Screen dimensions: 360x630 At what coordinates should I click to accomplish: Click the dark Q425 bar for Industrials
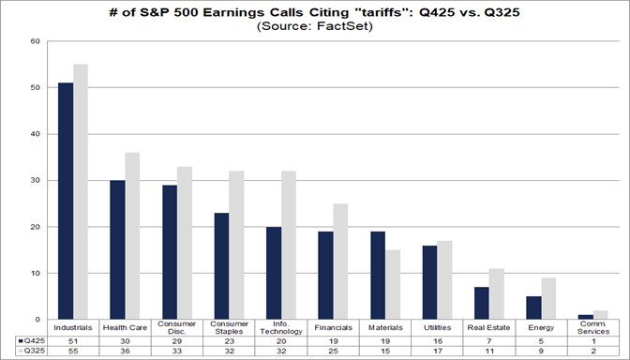click(x=66, y=202)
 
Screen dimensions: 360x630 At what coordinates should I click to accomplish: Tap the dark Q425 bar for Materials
click(x=377, y=276)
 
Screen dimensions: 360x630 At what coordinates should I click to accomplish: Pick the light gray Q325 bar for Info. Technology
click(x=289, y=246)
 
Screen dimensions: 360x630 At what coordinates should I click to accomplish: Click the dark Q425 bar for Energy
click(x=532, y=308)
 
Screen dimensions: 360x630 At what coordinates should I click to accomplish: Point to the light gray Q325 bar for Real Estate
click(x=496, y=294)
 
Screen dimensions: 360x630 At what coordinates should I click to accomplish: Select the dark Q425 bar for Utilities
click(x=428, y=282)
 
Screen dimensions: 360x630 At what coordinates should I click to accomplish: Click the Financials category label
click(x=333, y=329)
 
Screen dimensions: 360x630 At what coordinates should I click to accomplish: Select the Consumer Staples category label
click(x=228, y=329)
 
